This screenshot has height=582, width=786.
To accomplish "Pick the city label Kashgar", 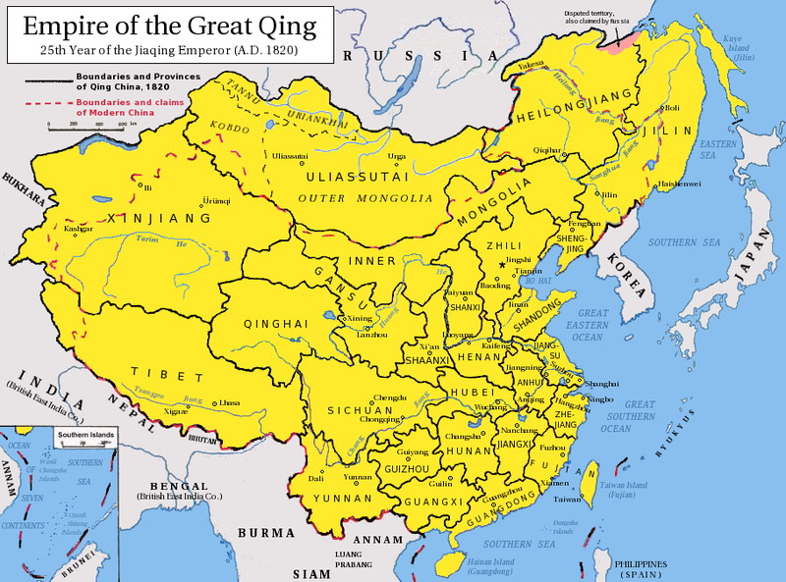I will point(79,229).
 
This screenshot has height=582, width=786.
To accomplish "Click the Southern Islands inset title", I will point(85,435).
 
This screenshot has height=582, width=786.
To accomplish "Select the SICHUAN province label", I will point(344,410).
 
